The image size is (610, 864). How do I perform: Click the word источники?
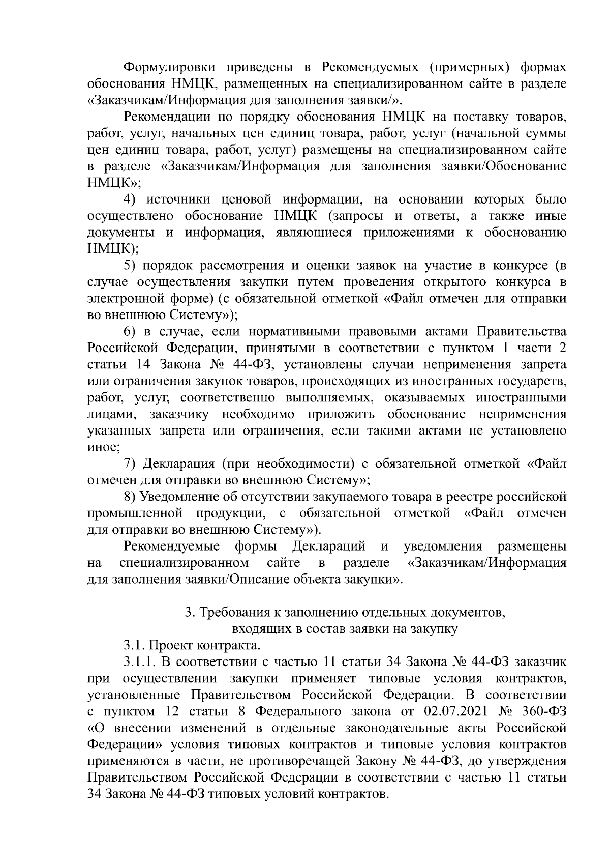tap(181, 199)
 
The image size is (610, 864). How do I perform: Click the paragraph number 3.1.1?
tap(139, 663)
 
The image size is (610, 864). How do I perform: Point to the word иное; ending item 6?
tap(104, 448)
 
